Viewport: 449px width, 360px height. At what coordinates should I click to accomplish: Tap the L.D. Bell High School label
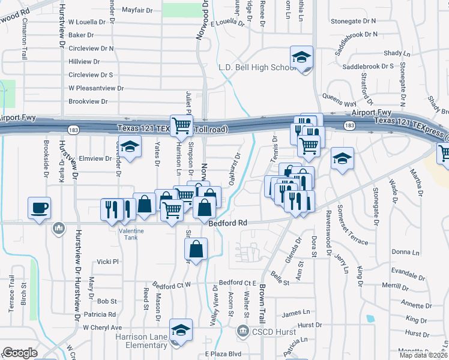(x=254, y=67)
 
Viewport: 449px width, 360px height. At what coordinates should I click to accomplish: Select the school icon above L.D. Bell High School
(x=302, y=58)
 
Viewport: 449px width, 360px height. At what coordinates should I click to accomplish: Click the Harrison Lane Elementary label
(x=142, y=341)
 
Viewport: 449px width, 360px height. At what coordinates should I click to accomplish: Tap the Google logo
(x=20, y=353)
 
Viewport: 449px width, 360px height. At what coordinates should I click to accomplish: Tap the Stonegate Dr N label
(x=356, y=21)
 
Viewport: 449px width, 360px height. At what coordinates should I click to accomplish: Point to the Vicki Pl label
(x=109, y=262)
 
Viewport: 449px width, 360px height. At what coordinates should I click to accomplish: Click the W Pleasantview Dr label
(x=96, y=88)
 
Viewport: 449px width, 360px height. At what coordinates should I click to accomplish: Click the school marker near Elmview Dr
(x=128, y=146)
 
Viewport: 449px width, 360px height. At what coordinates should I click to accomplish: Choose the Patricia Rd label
(x=100, y=314)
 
